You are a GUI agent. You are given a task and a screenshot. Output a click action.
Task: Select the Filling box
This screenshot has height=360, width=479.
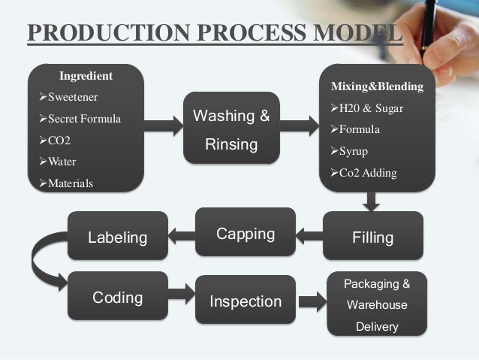(373, 238)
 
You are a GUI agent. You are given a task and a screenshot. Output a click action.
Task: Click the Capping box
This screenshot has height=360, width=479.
(245, 234)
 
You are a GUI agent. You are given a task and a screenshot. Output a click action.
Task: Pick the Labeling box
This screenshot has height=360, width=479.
(118, 238)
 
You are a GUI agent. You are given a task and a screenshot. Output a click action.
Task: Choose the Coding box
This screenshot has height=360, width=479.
(117, 298)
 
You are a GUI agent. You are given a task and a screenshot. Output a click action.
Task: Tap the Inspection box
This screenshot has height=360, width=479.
(245, 302)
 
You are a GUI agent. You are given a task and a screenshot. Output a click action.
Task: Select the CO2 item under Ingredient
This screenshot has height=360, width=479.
(63, 140)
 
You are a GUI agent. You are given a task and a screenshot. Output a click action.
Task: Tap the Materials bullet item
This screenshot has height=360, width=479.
(71, 183)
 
